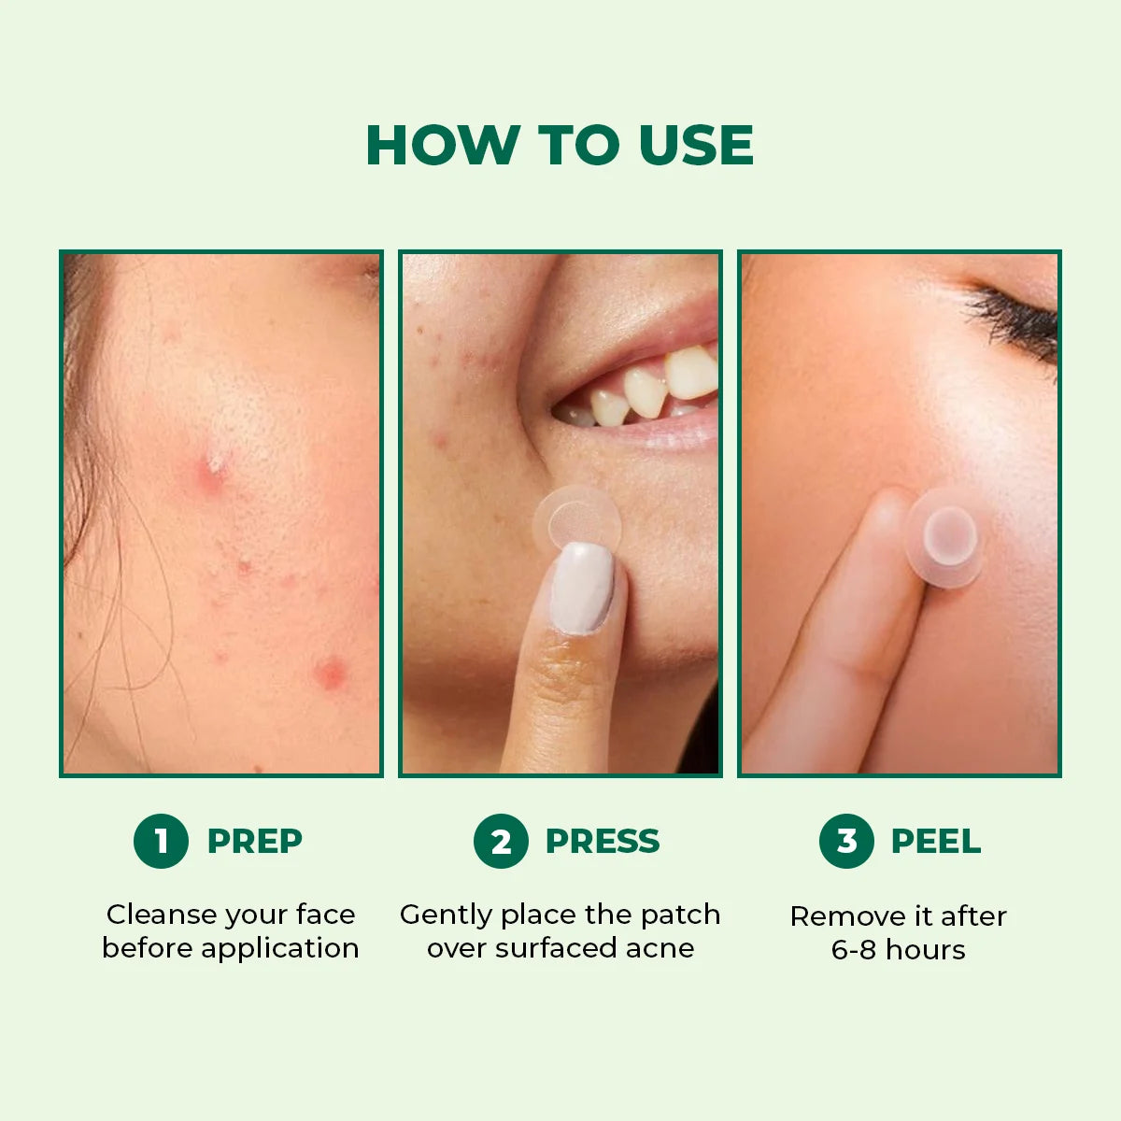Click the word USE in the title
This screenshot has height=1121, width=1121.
696,146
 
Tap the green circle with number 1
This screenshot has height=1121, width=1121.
161,841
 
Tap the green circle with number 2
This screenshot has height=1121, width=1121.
501,841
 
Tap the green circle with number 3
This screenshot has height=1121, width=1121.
846,841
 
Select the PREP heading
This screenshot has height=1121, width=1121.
254,841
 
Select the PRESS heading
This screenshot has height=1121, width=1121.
602,841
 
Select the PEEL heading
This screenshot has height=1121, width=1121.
935,841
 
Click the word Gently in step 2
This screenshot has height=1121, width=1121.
446,915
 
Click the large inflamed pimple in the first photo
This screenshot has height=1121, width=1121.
213,473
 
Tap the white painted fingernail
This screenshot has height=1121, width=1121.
582,588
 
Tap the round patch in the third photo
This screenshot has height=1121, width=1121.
945,539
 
